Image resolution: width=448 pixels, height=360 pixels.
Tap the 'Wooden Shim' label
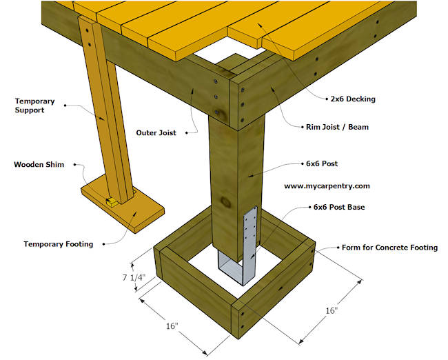point(34,165)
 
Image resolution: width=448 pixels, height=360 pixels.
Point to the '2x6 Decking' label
point(352,99)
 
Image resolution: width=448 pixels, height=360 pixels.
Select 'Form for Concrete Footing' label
point(390,247)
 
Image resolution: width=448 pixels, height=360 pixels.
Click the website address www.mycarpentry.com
point(327,186)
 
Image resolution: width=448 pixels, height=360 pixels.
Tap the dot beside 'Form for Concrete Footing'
point(338,246)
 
